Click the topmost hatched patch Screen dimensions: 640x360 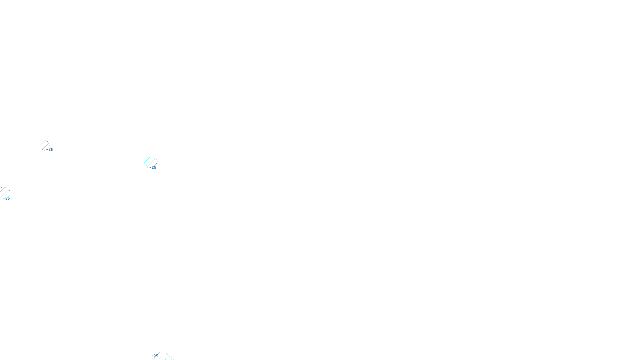coord(45,144)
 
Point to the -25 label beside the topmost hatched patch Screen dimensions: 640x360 coord(50,150)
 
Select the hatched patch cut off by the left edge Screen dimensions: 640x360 coord(4,192)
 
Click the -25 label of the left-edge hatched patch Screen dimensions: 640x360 coord(7,198)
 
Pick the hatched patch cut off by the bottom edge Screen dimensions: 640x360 coord(162,356)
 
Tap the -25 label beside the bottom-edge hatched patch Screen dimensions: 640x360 coord(156,355)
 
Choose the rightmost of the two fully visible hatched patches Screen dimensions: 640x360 coord(150,162)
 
